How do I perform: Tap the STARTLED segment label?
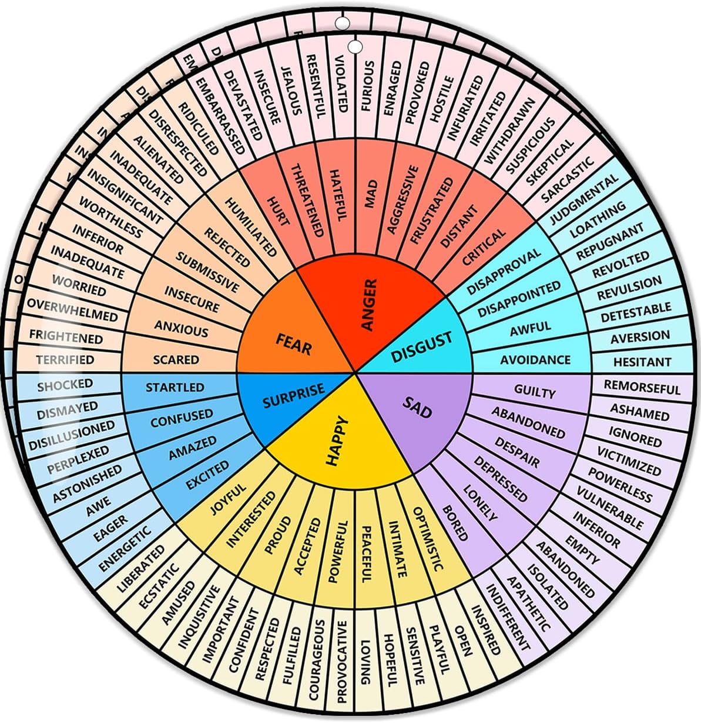tap(175, 388)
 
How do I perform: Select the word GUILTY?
tap(535, 391)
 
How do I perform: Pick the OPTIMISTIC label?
tap(427, 538)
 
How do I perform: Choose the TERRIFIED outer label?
tap(65, 359)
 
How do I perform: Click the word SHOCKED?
tap(65, 385)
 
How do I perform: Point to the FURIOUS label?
tap(368, 86)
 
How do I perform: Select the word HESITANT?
tap(642, 362)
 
